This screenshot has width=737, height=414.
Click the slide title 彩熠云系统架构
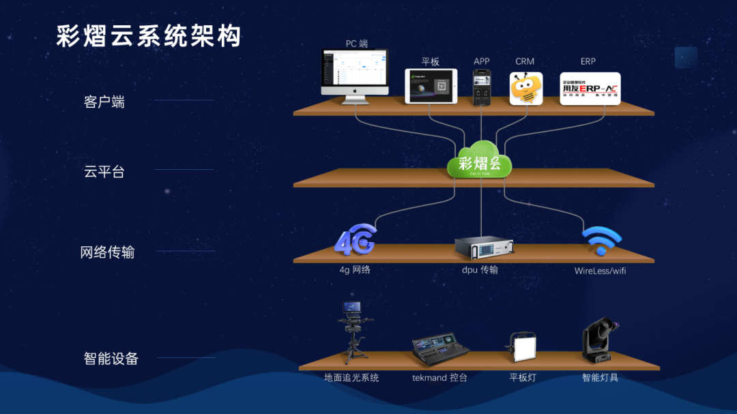pyautogui.click(x=149, y=36)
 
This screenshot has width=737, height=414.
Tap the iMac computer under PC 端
pyautogui.click(x=354, y=75)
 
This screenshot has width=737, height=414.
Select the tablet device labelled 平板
pyautogui.click(x=431, y=86)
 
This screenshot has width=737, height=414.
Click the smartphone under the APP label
pyautogui.click(x=482, y=87)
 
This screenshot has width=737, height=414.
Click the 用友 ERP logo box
pyautogui.click(x=590, y=89)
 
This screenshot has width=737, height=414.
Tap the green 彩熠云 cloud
pyautogui.click(x=480, y=160)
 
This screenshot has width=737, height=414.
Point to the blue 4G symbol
pyautogui.click(x=355, y=239)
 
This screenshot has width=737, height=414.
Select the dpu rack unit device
pyautogui.click(x=484, y=248)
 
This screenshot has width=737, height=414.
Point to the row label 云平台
pyautogui.click(x=104, y=172)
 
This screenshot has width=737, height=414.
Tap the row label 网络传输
pyautogui.click(x=107, y=252)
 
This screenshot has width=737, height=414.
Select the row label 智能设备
pyautogui.click(x=111, y=358)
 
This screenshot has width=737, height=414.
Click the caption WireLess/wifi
pyautogui.click(x=600, y=271)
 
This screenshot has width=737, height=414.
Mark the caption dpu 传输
pyautogui.click(x=480, y=269)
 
